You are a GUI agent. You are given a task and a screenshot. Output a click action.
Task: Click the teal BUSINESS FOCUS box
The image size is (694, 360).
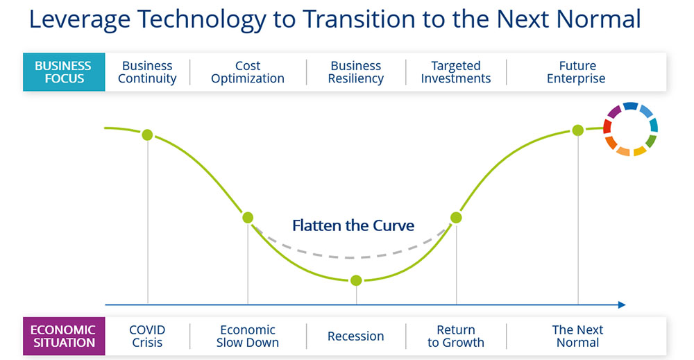[64, 72]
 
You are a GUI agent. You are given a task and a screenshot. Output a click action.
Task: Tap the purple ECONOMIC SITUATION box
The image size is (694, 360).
[64, 336]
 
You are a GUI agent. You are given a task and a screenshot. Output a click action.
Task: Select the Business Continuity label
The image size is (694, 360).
[147, 72]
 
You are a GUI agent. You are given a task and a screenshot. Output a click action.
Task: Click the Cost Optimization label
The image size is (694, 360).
[248, 72]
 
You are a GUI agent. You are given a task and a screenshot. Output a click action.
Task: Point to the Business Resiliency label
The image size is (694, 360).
[356, 72]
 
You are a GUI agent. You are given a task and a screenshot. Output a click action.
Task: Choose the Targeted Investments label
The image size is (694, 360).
[456, 72]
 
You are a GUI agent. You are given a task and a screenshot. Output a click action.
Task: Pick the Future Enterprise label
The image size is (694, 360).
[576, 72]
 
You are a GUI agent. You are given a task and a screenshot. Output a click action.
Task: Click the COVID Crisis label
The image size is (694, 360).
[147, 336]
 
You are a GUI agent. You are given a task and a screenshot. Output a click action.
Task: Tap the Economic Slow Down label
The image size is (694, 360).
[248, 336]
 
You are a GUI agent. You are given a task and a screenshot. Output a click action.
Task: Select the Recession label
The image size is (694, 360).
[356, 336]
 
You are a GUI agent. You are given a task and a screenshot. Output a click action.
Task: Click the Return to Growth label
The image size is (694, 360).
[456, 336]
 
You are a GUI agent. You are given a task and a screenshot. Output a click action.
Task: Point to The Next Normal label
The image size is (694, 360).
[577, 336]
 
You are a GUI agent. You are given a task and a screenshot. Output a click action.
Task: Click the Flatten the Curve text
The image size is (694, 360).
[353, 225]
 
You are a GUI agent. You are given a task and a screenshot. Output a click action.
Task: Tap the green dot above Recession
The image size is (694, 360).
[356, 280]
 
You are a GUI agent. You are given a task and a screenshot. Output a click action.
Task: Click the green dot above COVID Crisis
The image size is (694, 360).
[147, 135]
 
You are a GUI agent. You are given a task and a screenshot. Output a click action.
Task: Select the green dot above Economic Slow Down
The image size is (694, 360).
[248, 218]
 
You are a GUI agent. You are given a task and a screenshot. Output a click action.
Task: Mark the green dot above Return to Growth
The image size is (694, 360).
[457, 218]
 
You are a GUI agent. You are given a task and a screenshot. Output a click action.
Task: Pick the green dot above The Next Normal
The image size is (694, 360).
[578, 130]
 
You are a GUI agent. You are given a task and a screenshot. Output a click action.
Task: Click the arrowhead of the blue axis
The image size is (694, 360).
[622, 305]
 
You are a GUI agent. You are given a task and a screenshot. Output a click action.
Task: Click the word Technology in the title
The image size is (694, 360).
[202, 19]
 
